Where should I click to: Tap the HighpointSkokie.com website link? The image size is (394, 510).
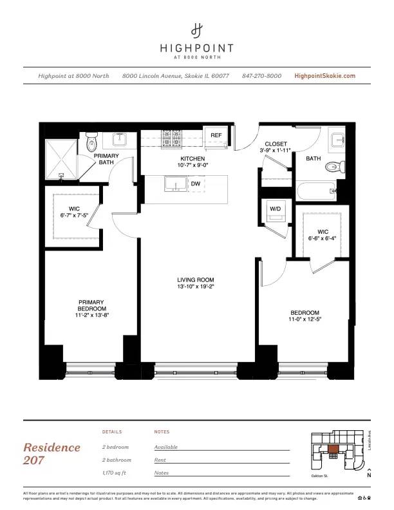coord(324,76)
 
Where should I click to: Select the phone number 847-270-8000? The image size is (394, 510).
coord(261,76)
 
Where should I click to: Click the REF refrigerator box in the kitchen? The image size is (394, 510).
coord(216,136)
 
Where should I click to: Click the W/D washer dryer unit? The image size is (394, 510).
coord(275,210)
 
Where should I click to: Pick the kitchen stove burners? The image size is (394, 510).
coord(173,137)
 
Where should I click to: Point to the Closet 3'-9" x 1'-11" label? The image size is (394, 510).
coord(276,147)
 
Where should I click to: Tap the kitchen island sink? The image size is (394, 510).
coord(173,185)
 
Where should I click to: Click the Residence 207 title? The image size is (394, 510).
coord(52,453)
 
